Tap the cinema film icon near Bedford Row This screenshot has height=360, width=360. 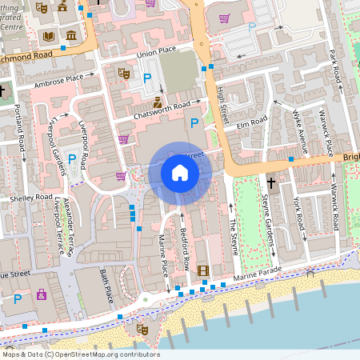coord(202,270)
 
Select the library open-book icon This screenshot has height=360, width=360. coord(48,36)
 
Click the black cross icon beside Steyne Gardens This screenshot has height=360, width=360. coord(270,183)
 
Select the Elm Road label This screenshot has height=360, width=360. coord(250,125)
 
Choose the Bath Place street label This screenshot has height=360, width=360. coord(106,286)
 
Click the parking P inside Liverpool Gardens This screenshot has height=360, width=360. coord(72,159)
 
